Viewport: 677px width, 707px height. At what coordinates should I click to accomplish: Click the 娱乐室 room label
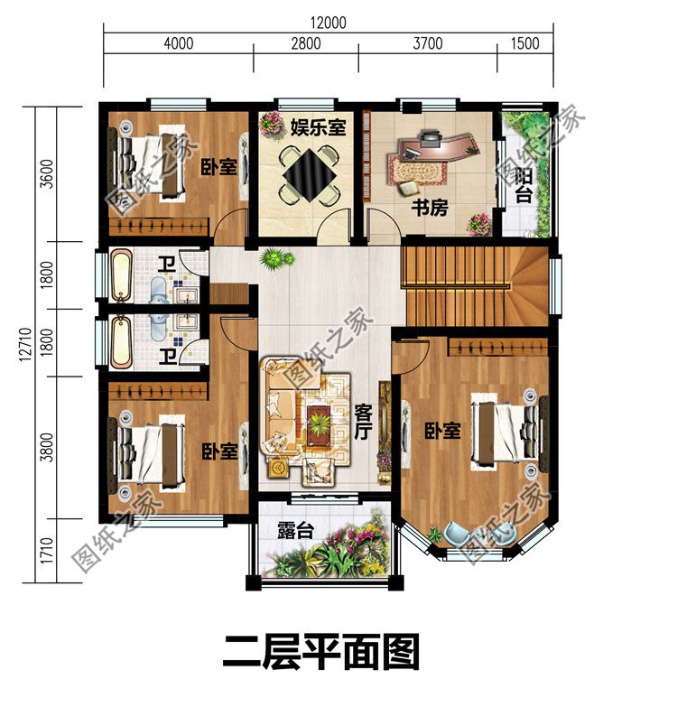[318, 127]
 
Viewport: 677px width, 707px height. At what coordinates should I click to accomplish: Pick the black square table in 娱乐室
[308, 172]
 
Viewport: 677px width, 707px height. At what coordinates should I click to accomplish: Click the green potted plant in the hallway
[276, 259]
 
